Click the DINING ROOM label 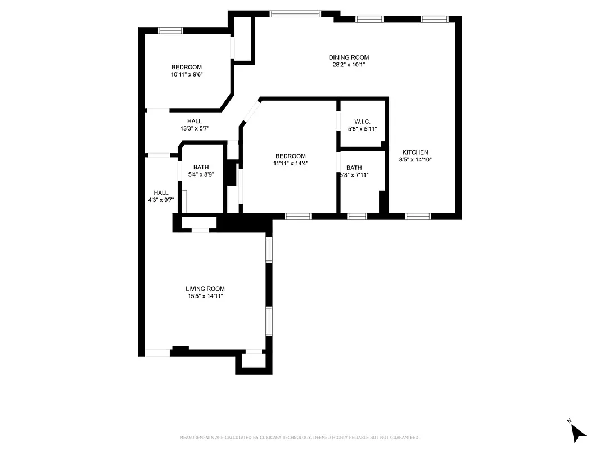(x=349, y=57)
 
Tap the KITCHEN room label (x=416, y=152)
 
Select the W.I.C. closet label (x=362, y=121)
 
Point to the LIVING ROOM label (x=205, y=289)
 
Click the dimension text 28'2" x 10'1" (x=349, y=65)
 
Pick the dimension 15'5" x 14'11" (x=205, y=296)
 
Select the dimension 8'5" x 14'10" (x=416, y=160)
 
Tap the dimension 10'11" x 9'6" (x=187, y=74)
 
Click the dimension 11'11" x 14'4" (x=290, y=164)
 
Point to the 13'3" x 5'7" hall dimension (x=195, y=128)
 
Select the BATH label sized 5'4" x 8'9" (x=201, y=167)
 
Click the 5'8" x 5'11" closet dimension (x=362, y=129)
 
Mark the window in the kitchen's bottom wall (x=418, y=215)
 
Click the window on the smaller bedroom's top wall (x=170, y=30)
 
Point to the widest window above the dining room (x=295, y=13)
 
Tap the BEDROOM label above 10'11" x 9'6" (x=187, y=67)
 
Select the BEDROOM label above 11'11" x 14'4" (x=290, y=156)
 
